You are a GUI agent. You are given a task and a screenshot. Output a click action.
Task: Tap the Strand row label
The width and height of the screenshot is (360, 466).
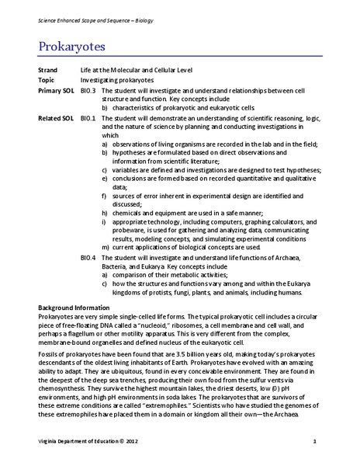(x=50, y=71)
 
